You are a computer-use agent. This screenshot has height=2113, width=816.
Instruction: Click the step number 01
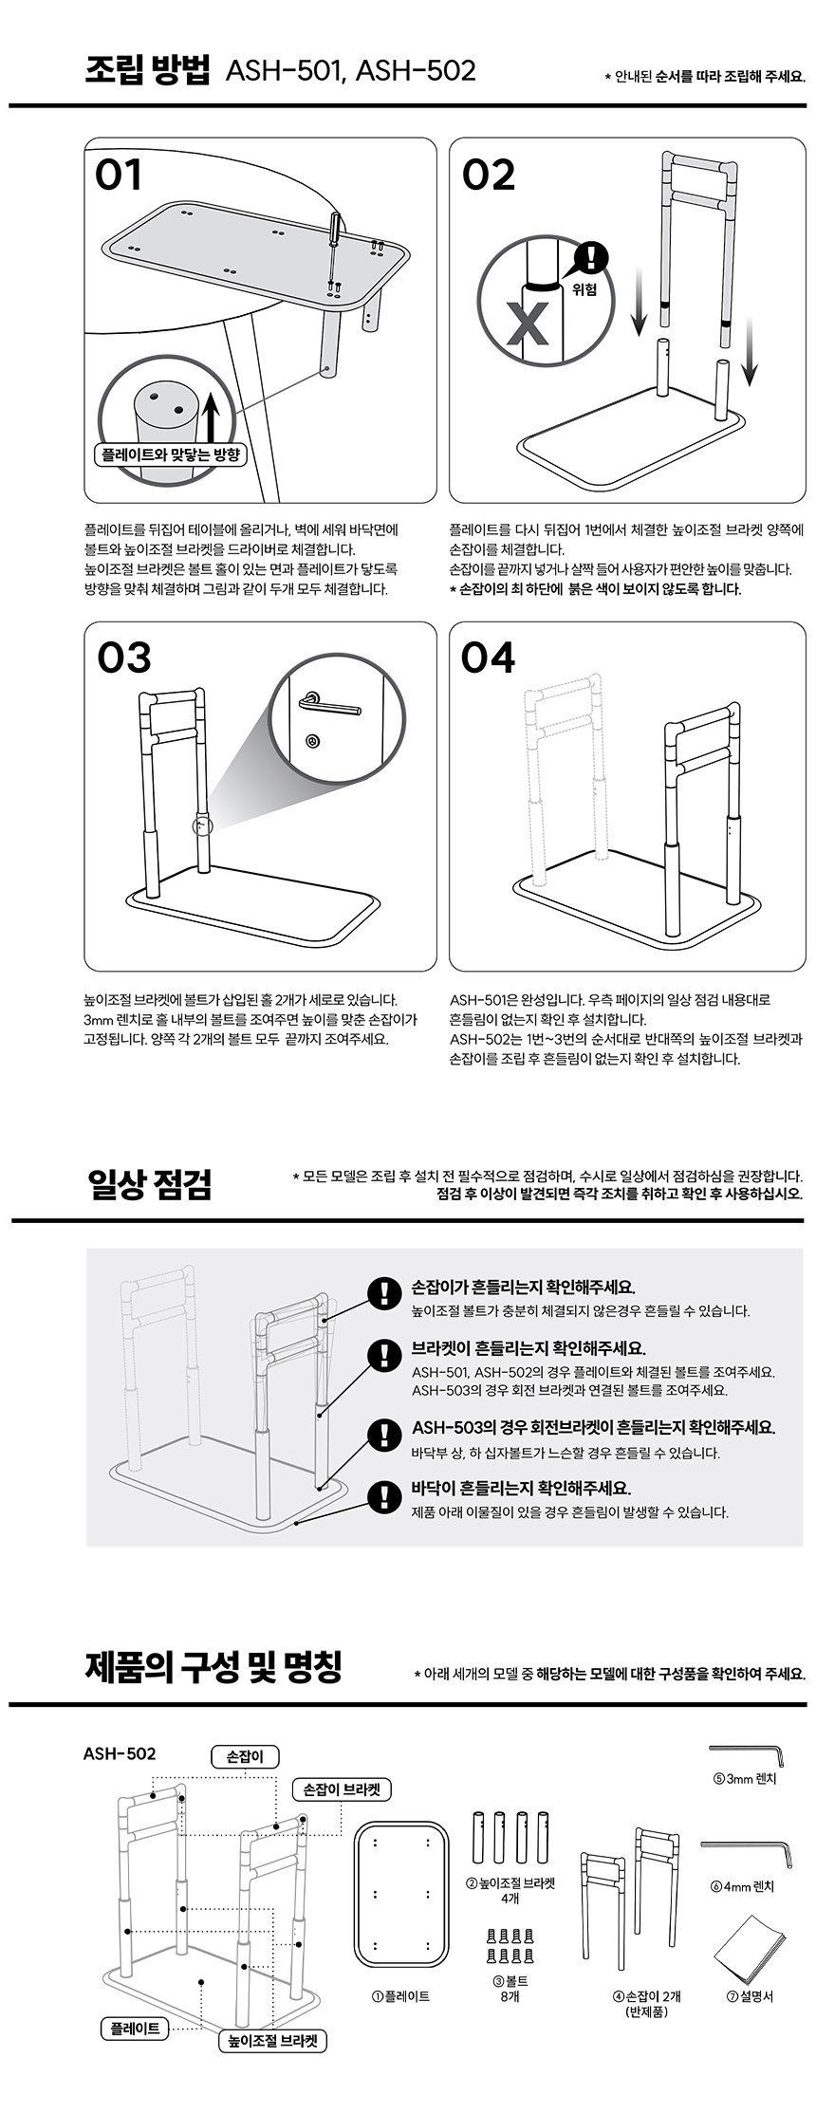[119, 175]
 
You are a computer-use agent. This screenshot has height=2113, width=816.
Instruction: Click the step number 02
[489, 175]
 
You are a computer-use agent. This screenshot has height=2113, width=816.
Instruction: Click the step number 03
[124, 658]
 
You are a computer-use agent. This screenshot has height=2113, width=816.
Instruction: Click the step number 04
[489, 658]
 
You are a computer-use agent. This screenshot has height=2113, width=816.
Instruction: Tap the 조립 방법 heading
[147, 70]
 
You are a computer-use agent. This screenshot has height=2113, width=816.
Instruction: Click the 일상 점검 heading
[149, 1184]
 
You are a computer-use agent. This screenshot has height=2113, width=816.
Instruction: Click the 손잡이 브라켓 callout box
[342, 1789]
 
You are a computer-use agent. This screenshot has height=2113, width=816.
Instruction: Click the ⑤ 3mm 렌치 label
[745, 1778]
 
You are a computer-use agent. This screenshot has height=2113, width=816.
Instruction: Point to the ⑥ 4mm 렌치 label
[742, 1886]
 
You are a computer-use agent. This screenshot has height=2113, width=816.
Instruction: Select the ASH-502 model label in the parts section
[120, 1753]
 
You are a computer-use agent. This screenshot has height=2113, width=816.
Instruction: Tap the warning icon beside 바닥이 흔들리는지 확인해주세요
[383, 1495]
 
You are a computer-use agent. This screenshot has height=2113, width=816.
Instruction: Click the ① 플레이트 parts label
[401, 1996]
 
